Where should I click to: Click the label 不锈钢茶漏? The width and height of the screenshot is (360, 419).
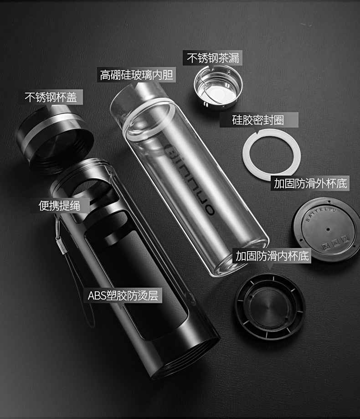click(213, 58)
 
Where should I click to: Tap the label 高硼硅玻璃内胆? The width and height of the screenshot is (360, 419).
click(136, 75)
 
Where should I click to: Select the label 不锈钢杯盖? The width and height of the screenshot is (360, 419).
click(51, 97)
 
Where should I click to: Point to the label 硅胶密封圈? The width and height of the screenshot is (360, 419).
click(258, 120)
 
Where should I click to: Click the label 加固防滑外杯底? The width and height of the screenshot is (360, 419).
click(311, 183)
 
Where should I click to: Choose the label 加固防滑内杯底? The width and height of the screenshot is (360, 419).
click(272, 256)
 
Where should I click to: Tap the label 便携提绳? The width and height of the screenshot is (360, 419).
click(59, 206)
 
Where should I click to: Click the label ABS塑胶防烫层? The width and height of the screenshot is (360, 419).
click(123, 295)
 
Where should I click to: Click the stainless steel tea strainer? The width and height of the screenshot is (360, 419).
click(218, 88)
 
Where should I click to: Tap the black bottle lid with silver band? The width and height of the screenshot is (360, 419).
click(55, 139)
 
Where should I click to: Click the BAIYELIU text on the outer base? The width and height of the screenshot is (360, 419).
click(321, 214)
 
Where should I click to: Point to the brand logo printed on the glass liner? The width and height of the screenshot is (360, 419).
click(189, 179)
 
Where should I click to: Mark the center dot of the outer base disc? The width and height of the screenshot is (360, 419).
click(328, 229)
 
